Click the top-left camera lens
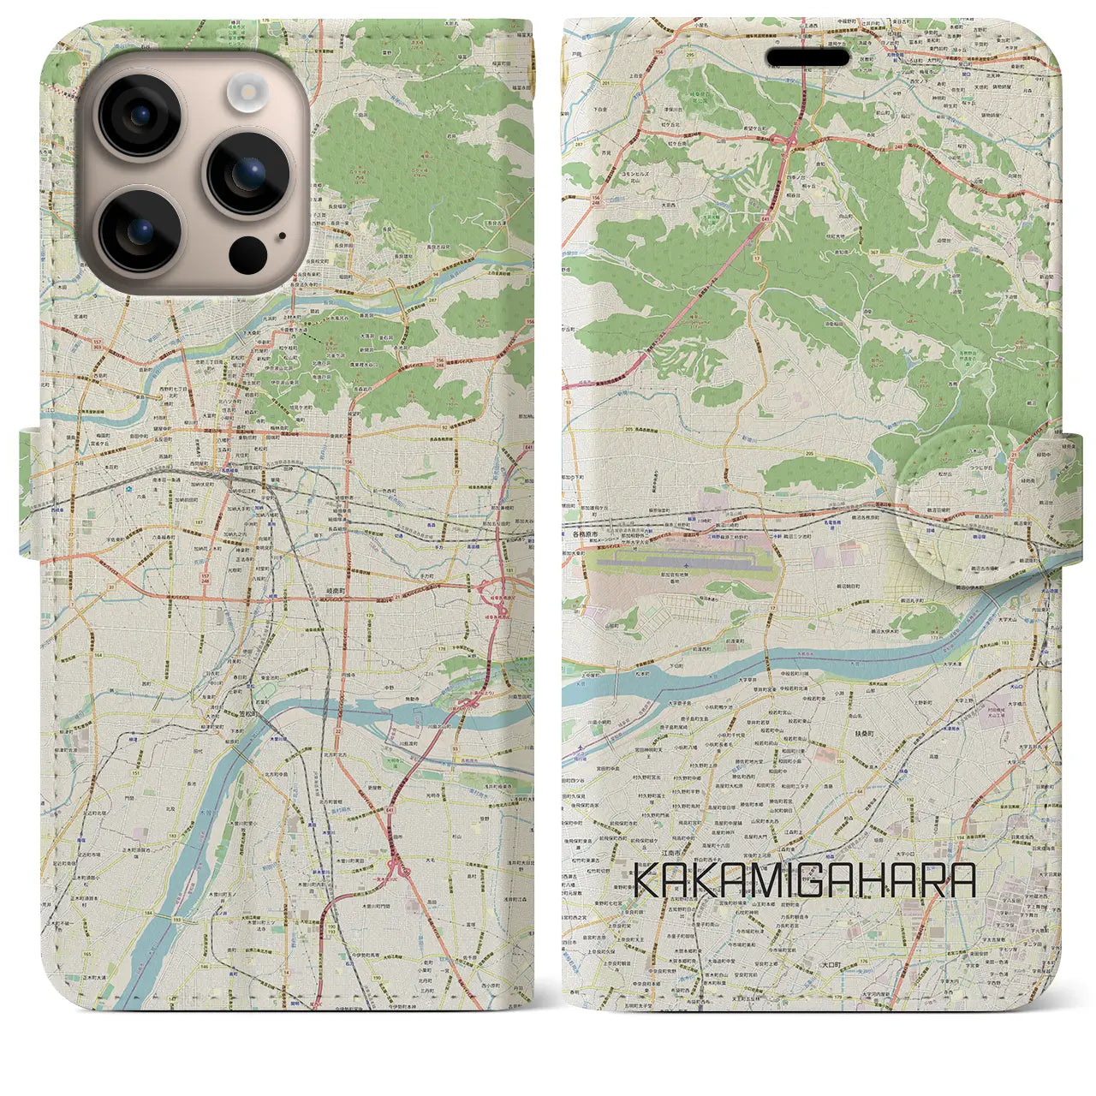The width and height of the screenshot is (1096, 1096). pyautogui.click(x=140, y=116)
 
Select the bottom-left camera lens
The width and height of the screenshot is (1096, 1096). pyautogui.click(x=140, y=229)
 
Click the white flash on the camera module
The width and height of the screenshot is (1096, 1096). pyautogui.click(x=247, y=91)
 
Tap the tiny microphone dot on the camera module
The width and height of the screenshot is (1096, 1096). pyautogui.click(x=282, y=235)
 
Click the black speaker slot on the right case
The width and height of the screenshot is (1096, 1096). pyautogui.click(x=809, y=57)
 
